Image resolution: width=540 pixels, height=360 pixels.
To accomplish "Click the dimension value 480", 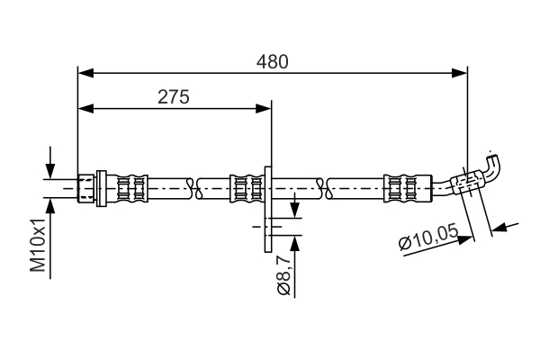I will (x=273, y=62).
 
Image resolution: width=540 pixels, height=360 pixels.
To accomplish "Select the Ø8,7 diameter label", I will (x=283, y=275).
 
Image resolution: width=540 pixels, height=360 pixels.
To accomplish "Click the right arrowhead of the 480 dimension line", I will (x=461, y=71).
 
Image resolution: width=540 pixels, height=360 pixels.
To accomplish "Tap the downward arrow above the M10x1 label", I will (x=50, y=171).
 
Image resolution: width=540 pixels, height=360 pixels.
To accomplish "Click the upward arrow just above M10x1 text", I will (x=50, y=204).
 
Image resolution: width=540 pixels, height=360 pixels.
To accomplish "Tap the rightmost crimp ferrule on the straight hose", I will (x=400, y=187).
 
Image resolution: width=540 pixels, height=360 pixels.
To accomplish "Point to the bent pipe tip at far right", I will (x=492, y=164).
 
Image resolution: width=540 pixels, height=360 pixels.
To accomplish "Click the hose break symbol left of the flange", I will (x=193, y=187).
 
